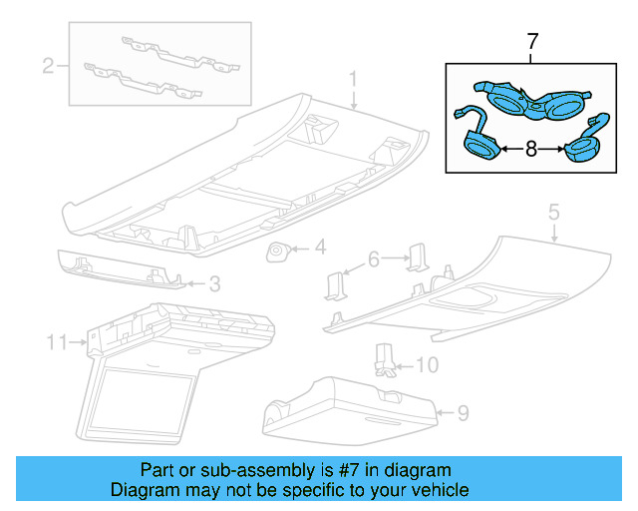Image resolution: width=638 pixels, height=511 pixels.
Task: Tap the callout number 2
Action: coord(47,67)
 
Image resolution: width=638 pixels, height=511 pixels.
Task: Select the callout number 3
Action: coord(212,284)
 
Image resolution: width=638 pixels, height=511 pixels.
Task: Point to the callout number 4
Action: coord(320,247)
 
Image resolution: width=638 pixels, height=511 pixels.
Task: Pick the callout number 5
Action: coord(554,212)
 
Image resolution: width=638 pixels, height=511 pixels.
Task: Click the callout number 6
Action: coord(374,258)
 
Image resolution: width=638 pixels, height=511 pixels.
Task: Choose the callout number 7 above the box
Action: coord(531,42)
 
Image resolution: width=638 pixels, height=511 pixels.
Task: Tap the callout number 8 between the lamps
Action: coord(531,149)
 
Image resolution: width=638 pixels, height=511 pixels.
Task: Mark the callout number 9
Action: coord(462,410)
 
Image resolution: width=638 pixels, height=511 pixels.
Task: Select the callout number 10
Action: coord(426,365)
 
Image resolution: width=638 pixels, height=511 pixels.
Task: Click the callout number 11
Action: coord(57,342)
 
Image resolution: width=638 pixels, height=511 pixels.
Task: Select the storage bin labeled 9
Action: coord(349,406)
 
